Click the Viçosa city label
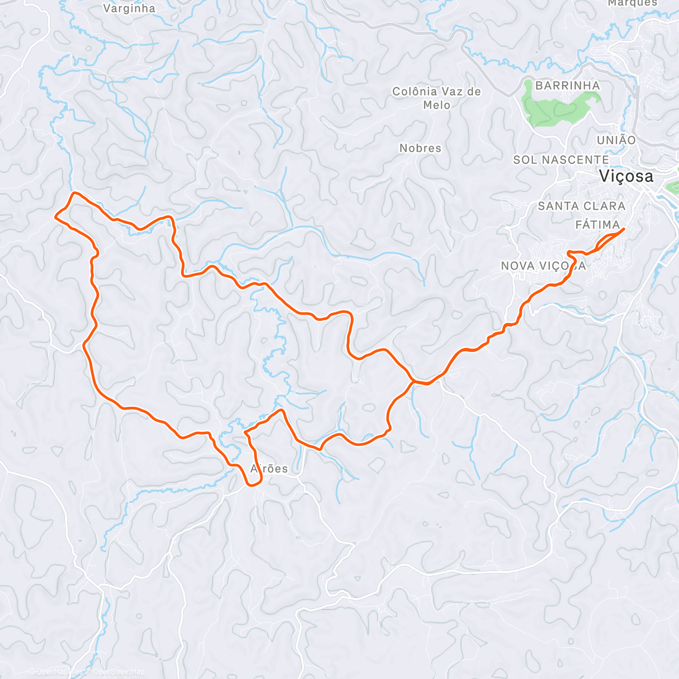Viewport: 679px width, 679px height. [x=626, y=177]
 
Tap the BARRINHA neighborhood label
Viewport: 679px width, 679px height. [x=567, y=85]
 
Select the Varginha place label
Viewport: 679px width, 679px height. [x=129, y=8]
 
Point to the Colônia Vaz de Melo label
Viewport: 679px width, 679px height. [x=436, y=98]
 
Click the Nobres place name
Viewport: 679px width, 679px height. [x=420, y=148]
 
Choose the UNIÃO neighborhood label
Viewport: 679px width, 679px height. [x=616, y=140]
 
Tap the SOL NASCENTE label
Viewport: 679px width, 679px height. [x=561, y=160]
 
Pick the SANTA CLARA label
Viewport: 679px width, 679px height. [x=581, y=207]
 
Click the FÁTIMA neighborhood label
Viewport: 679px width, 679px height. [x=597, y=225]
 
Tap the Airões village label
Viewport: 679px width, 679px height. [x=269, y=469]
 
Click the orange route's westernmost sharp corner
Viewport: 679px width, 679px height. [x=55, y=216]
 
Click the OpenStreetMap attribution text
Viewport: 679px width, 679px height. [x=118, y=672]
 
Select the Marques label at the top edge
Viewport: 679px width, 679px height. [x=633, y=3]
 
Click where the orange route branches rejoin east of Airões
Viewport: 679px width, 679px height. [x=415, y=381]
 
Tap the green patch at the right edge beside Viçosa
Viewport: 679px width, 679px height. [x=673, y=187]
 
